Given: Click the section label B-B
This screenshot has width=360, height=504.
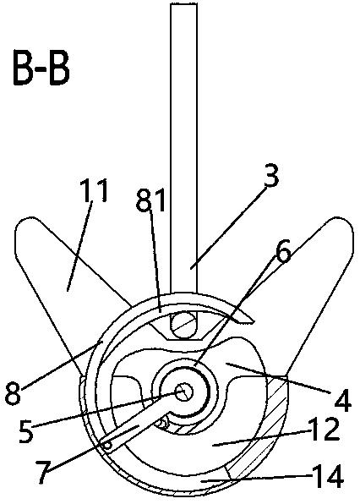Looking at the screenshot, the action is [41, 68].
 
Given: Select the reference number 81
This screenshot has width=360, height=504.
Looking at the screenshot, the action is [150, 201].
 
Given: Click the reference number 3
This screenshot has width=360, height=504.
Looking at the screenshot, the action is [271, 176].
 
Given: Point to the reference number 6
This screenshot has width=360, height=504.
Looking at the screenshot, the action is [282, 250].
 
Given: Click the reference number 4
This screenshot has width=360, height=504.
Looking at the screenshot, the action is [342, 400].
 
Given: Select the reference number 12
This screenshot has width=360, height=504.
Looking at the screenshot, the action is [325, 430].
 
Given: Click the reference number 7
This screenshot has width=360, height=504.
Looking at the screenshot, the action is [43, 472].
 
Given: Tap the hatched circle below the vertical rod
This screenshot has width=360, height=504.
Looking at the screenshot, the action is [183, 326].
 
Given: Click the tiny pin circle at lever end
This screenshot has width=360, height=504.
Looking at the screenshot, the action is [108, 445].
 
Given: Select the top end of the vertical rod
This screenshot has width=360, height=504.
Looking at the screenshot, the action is [183, 4].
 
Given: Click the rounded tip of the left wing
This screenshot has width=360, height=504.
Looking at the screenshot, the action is [25, 228].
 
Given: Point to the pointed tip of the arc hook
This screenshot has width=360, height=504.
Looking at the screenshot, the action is [254, 320].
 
